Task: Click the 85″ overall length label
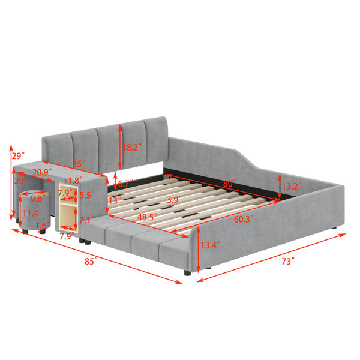[91, 261]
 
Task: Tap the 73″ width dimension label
[288, 261]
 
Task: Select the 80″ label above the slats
[230, 184]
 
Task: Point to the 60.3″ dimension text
[244, 220]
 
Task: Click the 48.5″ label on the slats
[147, 217]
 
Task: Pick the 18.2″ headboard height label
[132, 147]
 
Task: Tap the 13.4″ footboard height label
[211, 245]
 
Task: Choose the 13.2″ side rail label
[292, 186]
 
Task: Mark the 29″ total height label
[18, 156]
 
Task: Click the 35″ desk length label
[79, 164]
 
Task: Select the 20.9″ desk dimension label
[42, 172]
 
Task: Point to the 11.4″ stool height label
[32, 213]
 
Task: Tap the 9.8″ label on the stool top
[37, 199]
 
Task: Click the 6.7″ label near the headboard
[125, 184]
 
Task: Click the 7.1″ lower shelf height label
[87, 220]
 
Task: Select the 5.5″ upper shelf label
[87, 195]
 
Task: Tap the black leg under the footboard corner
[187, 273]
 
